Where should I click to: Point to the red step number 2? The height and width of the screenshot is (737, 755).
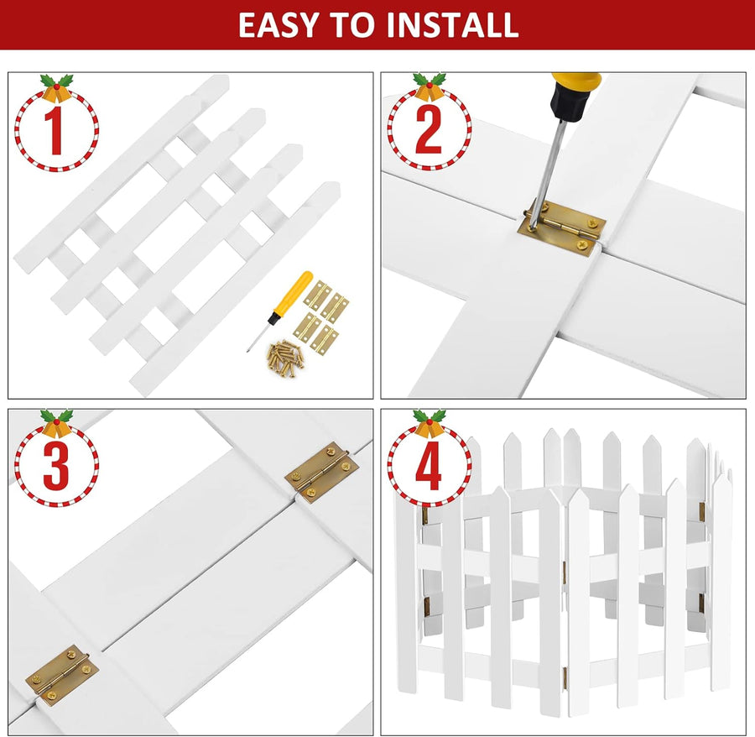tap(428, 130)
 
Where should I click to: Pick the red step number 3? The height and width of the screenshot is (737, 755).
tap(56, 465)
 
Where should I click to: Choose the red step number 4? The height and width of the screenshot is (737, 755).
tap(429, 465)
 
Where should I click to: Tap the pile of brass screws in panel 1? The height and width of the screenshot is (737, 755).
tap(284, 358)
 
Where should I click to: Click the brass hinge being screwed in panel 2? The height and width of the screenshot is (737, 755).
tap(562, 227)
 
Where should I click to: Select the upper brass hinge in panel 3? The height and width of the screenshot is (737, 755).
tap(321, 470)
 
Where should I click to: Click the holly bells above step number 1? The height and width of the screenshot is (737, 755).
tap(57, 88)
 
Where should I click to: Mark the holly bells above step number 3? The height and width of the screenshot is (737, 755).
tap(57, 423)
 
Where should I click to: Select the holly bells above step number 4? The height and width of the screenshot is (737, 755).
tap(430, 423)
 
